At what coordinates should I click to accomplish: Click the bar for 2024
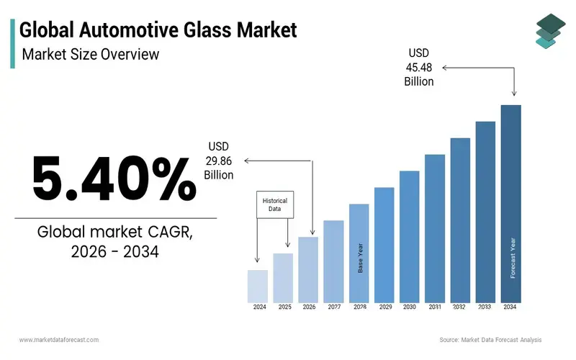(x=258, y=286)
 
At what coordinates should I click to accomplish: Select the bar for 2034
(x=510, y=204)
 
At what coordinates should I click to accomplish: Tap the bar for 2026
(x=308, y=269)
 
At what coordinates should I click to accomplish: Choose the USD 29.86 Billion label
(x=219, y=161)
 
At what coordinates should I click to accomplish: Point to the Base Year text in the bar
(x=359, y=258)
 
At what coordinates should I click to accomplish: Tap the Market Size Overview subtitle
(x=90, y=54)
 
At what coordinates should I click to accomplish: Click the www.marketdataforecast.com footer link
(x=59, y=340)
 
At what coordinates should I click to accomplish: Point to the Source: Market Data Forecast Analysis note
(x=490, y=340)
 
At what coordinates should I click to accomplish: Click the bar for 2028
(x=359, y=253)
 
